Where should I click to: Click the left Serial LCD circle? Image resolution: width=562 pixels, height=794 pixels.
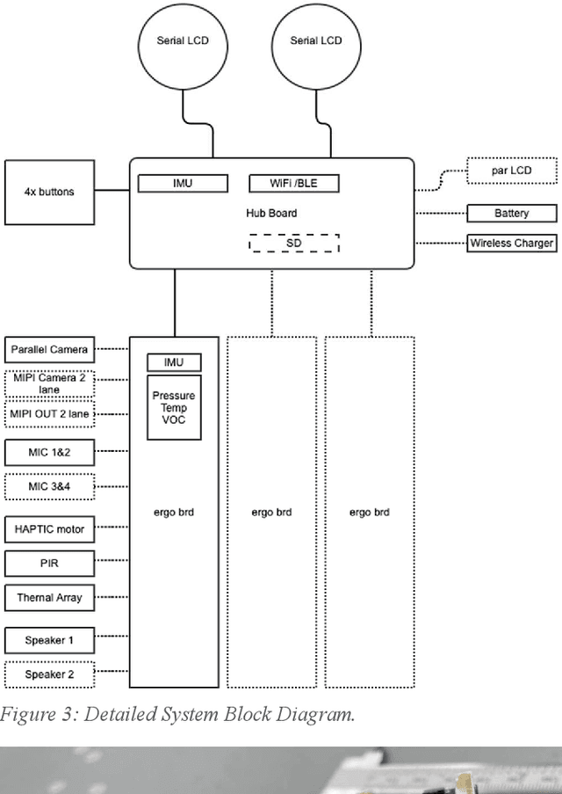(x=183, y=41)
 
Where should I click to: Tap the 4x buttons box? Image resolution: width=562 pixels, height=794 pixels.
(x=49, y=192)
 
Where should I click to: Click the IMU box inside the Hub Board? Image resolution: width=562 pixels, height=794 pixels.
(x=183, y=183)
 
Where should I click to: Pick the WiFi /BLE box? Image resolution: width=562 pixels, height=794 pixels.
(x=293, y=183)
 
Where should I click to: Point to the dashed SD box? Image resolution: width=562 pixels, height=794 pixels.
(x=293, y=243)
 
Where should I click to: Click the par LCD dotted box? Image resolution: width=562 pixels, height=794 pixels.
(x=511, y=170)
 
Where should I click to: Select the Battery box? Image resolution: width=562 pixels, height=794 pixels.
(x=511, y=213)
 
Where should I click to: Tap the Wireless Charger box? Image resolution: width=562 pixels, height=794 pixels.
(x=511, y=244)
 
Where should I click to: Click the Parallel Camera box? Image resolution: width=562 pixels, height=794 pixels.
(x=49, y=349)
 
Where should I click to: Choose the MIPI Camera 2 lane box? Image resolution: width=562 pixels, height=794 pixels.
(x=49, y=382)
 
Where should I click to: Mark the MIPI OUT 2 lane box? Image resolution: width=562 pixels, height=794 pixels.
(x=49, y=413)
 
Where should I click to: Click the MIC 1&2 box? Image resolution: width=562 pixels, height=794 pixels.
(x=49, y=452)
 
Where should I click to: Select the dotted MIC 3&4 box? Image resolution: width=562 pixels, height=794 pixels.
(x=49, y=486)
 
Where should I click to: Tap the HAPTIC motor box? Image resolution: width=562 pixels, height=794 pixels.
(x=49, y=529)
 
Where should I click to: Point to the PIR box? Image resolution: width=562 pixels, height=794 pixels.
(x=49, y=563)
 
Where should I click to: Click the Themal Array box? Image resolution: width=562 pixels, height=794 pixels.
(x=49, y=597)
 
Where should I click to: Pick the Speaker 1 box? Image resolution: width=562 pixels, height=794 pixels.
(x=49, y=640)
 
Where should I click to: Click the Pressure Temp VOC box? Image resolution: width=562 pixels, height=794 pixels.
(x=174, y=408)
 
